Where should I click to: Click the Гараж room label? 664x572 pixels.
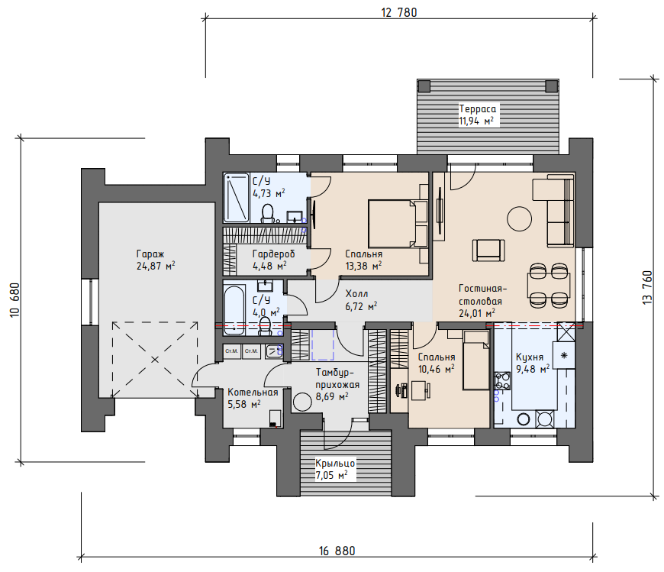point(150,254)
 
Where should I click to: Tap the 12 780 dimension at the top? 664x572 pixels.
point(399,13)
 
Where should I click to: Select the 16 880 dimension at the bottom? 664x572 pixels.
point(337,551)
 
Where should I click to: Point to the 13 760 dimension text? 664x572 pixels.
point(647,287)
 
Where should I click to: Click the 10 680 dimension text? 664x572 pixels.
point(15,299)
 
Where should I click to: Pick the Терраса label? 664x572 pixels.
point(478,109)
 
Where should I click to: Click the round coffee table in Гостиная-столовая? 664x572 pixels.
point(519,218)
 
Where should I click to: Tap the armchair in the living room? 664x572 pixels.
point(488,250)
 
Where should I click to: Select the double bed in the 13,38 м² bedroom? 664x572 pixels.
point(398,223)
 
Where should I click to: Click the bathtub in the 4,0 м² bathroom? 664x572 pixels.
point(234,311)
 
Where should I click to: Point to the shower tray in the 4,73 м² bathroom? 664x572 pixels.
point(237,198)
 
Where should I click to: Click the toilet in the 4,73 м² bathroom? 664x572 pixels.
point(268,213)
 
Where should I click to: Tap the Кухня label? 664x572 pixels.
point(530,357)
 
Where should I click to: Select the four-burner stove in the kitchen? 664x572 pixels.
point(502,380)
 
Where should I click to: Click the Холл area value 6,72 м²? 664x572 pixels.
point(361,306)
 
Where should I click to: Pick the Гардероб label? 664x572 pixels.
point(273,254)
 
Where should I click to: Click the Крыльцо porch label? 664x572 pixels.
point(335,463)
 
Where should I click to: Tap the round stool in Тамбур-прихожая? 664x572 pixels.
point(302,402)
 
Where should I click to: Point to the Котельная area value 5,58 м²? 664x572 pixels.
point(244,404)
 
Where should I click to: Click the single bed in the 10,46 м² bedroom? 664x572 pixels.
point(477,360)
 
